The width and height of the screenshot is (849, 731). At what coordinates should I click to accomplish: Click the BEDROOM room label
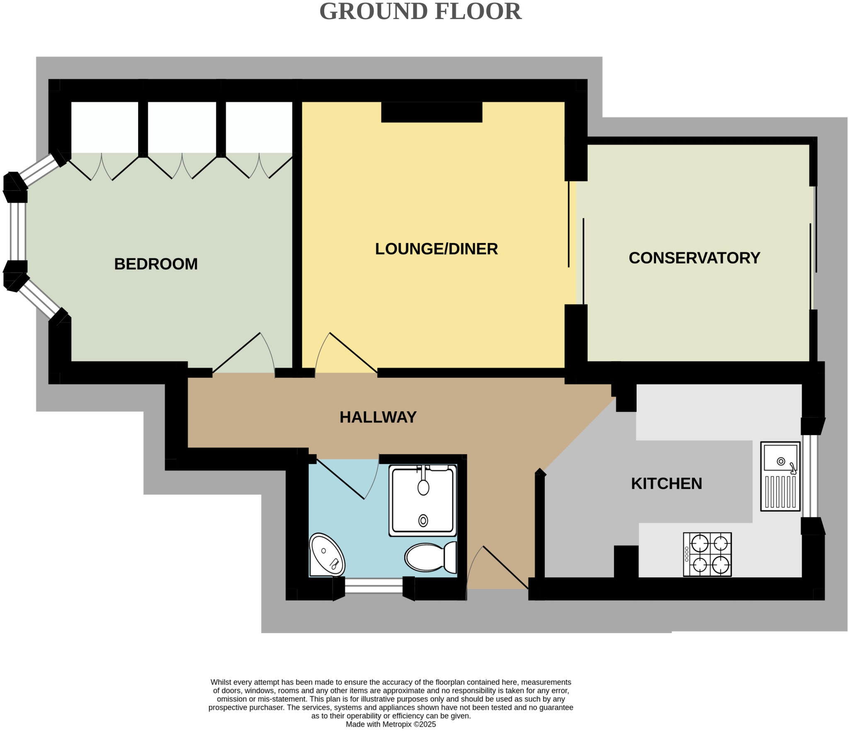156,264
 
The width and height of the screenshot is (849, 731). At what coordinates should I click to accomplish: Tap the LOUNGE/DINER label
436,249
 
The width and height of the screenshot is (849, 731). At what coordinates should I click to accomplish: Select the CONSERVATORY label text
694,258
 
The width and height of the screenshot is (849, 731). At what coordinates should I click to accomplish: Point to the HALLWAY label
378,417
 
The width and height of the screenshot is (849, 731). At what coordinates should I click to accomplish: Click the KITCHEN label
666,483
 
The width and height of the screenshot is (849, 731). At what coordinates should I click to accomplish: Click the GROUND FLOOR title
420,12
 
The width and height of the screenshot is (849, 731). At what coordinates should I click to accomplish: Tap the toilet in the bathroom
430,557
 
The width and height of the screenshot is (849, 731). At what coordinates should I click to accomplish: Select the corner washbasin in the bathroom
327,555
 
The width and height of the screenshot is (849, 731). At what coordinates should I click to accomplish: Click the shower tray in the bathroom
422,500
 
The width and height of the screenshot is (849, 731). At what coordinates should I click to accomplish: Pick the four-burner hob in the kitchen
707,554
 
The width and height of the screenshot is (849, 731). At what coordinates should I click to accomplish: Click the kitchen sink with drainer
780,476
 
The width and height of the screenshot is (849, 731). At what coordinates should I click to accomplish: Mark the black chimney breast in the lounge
432,112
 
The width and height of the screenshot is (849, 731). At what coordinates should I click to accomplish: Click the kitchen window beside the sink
810,476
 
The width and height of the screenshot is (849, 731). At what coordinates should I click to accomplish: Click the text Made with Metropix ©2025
391,724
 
